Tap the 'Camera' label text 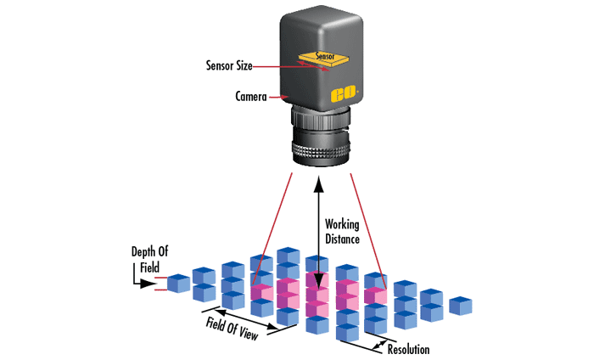251,97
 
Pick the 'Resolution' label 408,349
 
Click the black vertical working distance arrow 318,229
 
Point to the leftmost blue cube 178,284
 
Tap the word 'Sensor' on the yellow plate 325,57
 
